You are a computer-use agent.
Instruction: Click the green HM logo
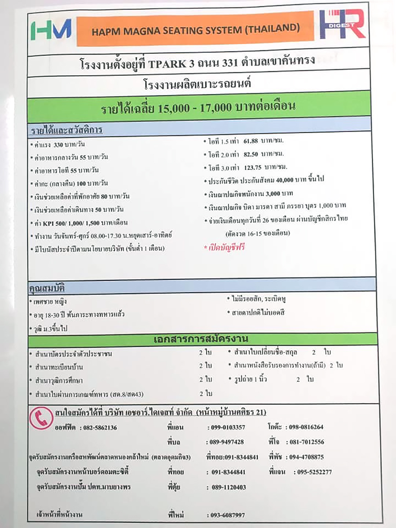tap(51, 29)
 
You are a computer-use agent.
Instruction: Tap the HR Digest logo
tap(342, 24)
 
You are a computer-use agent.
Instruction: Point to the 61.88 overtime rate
tap(251, 141)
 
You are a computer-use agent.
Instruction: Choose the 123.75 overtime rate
tap(253, 168)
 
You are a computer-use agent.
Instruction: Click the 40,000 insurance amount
tap(285, 180)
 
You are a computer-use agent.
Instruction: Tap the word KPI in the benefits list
tap(48, 223)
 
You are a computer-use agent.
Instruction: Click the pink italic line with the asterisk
tap(224, 247)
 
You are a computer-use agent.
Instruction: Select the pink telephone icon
tap(41, 418)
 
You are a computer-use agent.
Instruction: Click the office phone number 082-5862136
tap(100, 428)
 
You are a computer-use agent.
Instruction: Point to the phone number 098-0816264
tap(306, 427)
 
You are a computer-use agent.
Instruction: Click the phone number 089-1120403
tap(229, 487)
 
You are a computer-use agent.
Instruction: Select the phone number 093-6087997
tap(228, 515)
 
